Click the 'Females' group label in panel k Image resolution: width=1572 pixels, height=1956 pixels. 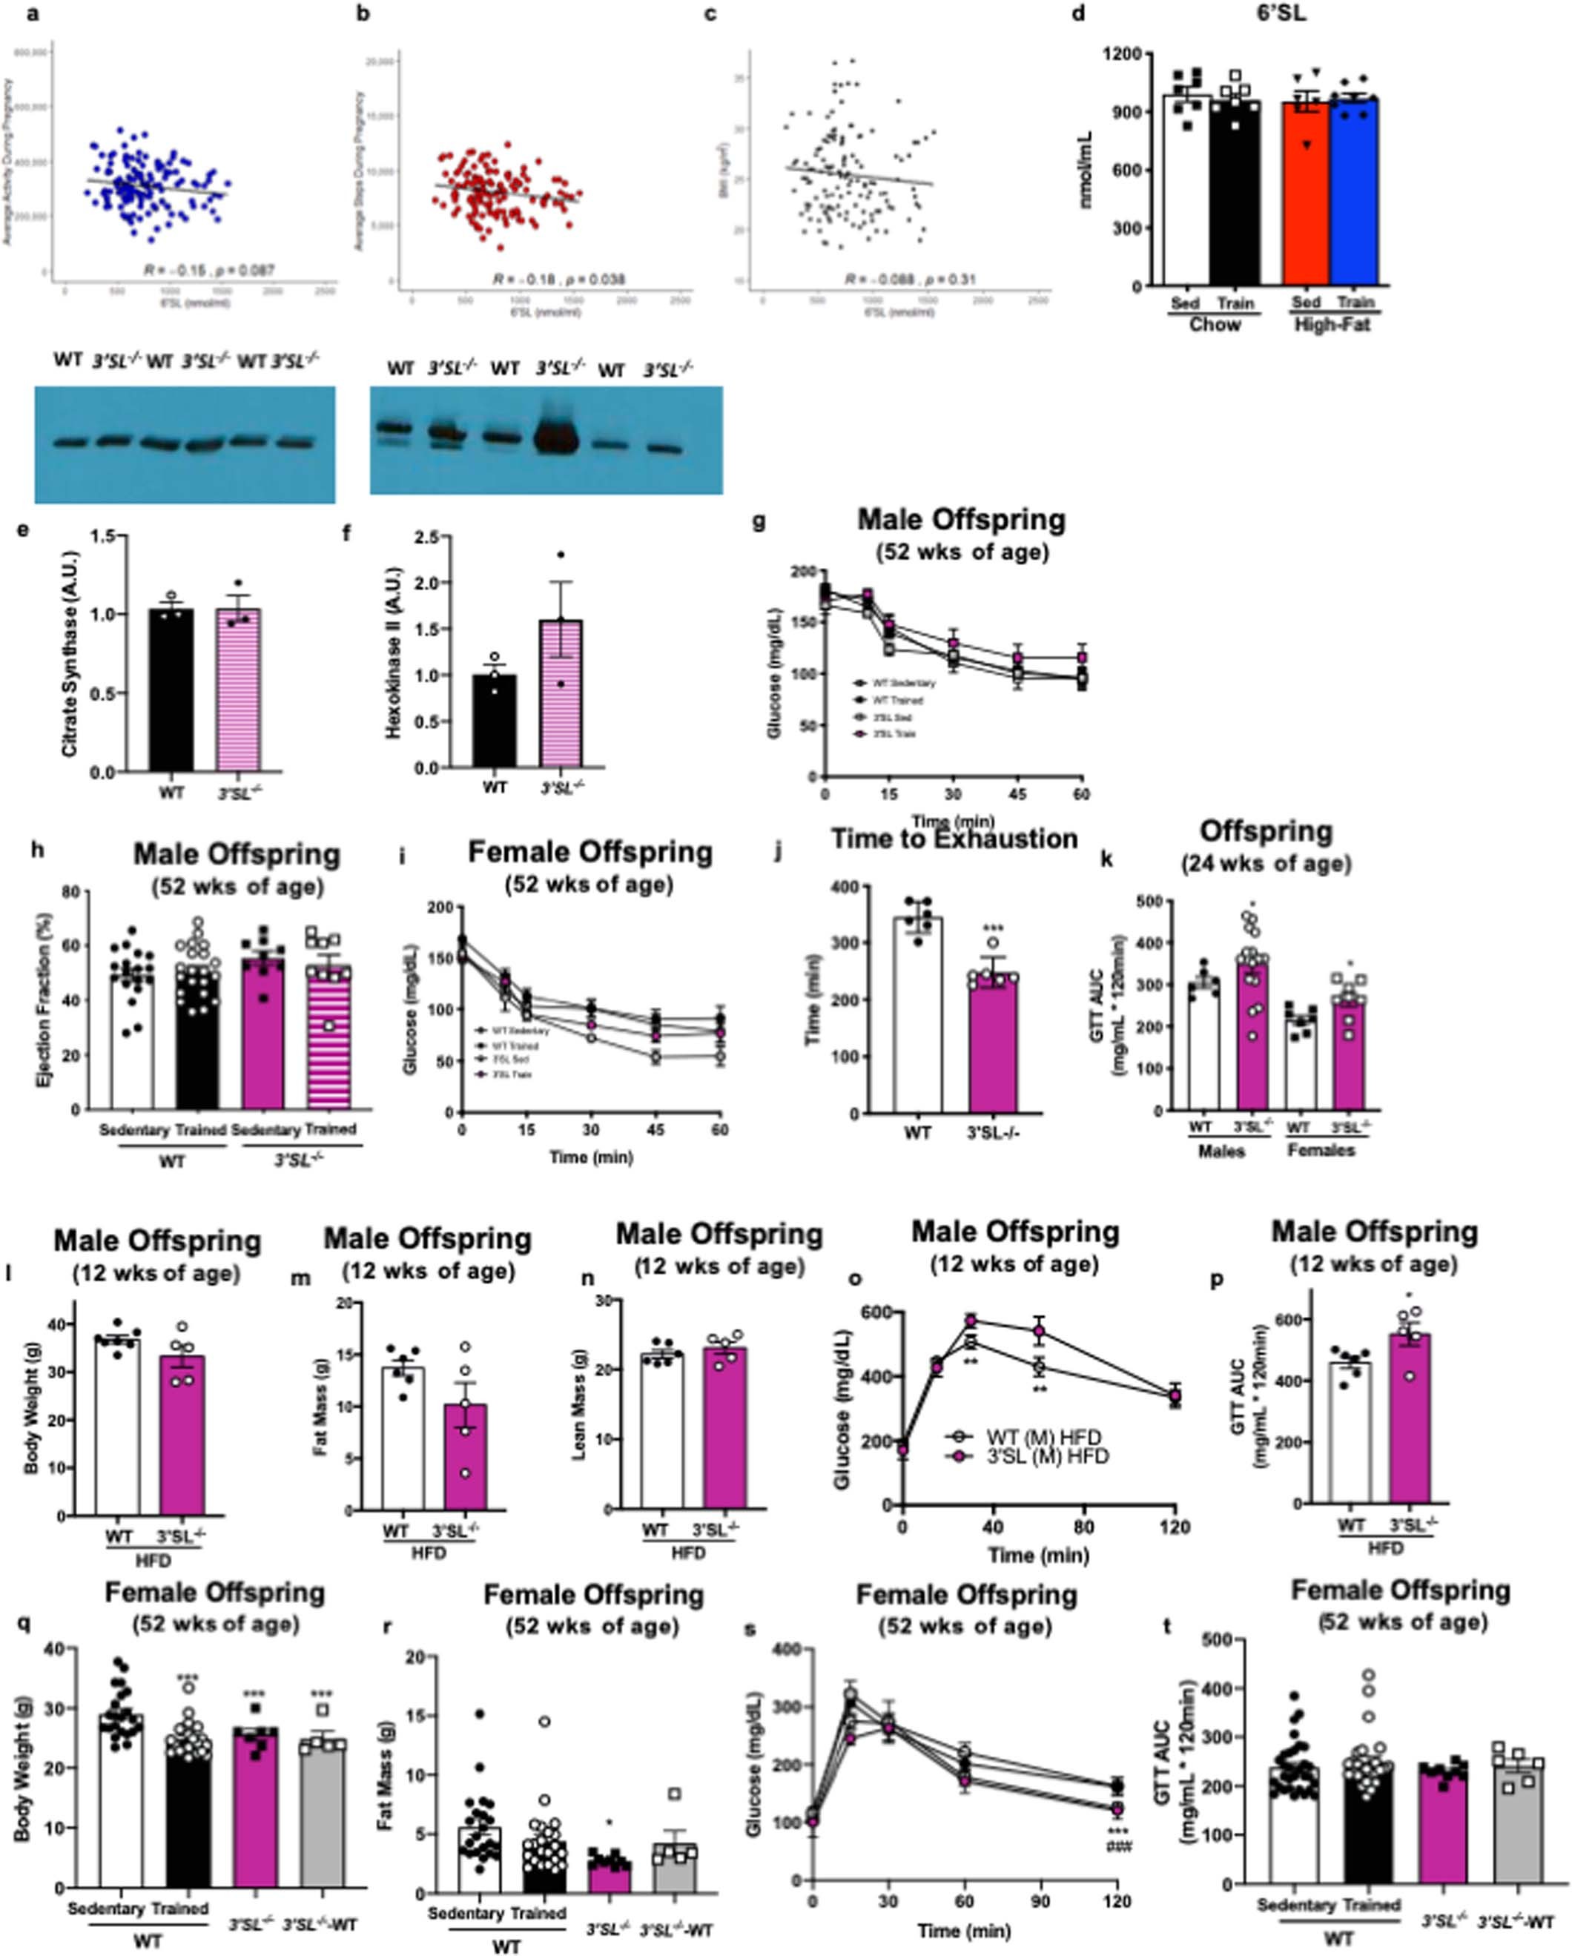[1324, 1149]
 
